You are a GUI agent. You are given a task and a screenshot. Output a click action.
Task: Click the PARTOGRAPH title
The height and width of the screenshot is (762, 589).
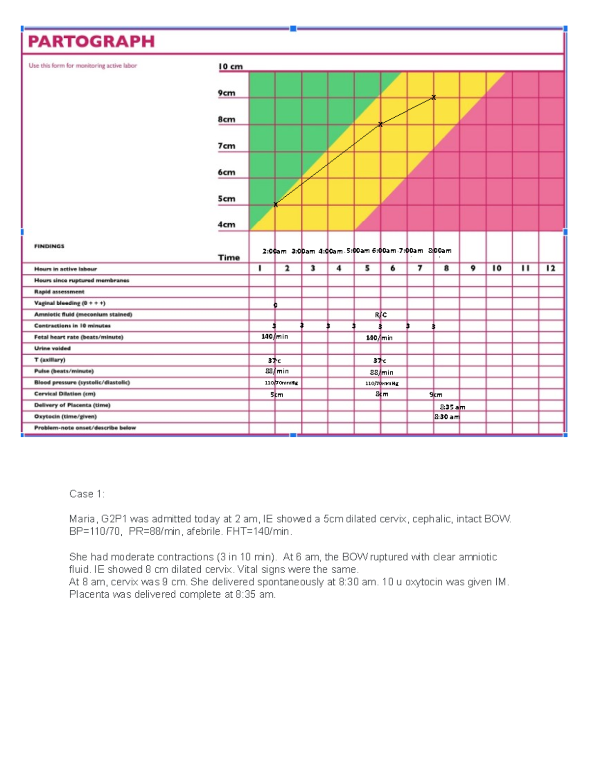click(x=91, y=41)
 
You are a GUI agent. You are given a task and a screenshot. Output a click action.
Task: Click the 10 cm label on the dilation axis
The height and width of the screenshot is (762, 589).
click(x=230, y=67)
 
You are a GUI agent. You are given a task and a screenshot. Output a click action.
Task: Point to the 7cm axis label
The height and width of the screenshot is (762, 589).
click(x=226, y=146)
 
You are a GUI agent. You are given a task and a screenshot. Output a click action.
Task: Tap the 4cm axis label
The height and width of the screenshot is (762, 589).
click(x=226, y=224)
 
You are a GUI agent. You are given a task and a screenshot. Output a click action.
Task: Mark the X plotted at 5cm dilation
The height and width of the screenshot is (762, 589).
click(x=275, y=205)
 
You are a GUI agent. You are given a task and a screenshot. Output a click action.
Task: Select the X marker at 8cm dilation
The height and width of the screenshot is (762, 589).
click(x=380, y=125)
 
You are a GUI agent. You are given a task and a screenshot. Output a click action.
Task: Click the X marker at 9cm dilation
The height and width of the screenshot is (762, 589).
click(x=433, y=98)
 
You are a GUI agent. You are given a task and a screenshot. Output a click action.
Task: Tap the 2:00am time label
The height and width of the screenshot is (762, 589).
click(x=274, y=251)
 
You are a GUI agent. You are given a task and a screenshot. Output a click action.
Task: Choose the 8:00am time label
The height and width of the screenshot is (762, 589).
click(x=440, y=250)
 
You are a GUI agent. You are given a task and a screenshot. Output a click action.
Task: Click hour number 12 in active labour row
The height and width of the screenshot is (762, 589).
click(x=551, y=268)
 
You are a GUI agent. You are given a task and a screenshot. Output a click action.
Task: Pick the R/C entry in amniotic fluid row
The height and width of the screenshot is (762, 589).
click(x=381, y=315)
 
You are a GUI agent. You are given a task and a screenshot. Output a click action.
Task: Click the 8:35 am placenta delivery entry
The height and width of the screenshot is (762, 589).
click(x=453, y=407)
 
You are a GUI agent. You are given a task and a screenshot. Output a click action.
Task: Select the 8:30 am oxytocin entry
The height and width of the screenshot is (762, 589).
click(x=447, y=417)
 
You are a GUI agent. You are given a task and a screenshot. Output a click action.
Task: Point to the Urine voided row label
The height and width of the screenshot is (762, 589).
click(x=52, y=348)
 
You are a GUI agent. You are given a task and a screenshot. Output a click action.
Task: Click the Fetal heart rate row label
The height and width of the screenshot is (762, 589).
click(x=79, y=337)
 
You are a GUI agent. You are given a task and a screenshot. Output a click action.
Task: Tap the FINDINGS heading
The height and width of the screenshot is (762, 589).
click(x=49, y=246)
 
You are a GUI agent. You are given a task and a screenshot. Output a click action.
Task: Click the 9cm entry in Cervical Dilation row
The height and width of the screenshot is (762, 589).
click(x=436, y=394)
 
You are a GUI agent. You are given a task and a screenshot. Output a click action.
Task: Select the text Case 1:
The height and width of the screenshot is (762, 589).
click(x=87, y=494)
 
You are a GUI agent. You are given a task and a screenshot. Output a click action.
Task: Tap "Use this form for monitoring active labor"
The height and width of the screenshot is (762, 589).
click(x=82, y=66)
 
